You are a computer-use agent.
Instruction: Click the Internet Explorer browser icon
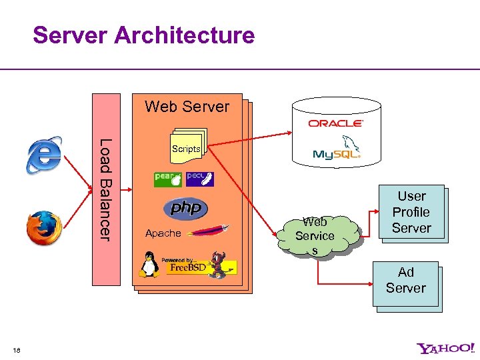(x=44, y=155)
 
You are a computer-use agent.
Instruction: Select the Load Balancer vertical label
(x=105, y=189)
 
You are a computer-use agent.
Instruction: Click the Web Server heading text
(x=187, y=107)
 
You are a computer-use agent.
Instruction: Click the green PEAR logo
(x=167, y=179)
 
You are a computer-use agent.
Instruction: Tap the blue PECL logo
(x=200, y=179)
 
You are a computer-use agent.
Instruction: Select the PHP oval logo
(x=186, y=208)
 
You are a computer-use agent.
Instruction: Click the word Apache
(x=163, y=233)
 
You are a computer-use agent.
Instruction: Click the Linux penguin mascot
(x=149, y=265)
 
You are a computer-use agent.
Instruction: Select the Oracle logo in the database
(x=335, y=123)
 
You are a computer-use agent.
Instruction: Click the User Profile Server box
(x=411, y=212)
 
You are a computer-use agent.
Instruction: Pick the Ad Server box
(x=405, y=281)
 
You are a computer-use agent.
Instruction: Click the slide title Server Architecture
(x=143, y=35)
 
